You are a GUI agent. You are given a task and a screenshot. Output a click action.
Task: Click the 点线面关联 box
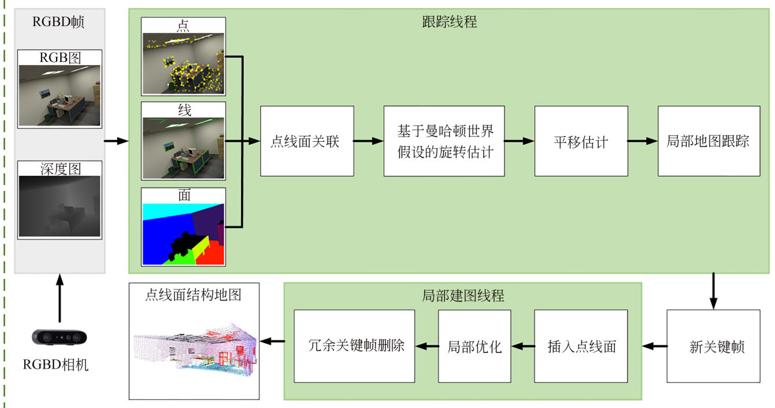point(306,141)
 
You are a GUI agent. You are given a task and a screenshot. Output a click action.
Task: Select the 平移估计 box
point(581,141)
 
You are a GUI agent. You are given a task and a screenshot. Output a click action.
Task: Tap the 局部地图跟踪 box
point(709,141)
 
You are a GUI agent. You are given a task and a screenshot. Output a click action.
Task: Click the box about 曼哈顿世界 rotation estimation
point(444,141)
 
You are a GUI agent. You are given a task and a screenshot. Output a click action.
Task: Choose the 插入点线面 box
point(581,346)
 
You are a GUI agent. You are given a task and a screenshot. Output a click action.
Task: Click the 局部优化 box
point(474,346)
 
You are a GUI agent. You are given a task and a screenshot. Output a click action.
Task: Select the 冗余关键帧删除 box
point(354,346)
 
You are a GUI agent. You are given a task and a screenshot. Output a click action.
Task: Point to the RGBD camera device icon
point(60,337)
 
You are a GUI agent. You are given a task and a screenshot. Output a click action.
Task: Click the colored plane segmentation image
point(183,233)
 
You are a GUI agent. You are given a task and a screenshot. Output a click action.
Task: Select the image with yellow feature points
point(183,63)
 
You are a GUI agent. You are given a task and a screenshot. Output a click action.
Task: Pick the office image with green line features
point(183,148)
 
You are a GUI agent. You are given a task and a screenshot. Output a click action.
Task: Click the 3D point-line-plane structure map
point(194,350)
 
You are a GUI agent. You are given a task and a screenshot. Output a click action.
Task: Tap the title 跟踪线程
point(450,22)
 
